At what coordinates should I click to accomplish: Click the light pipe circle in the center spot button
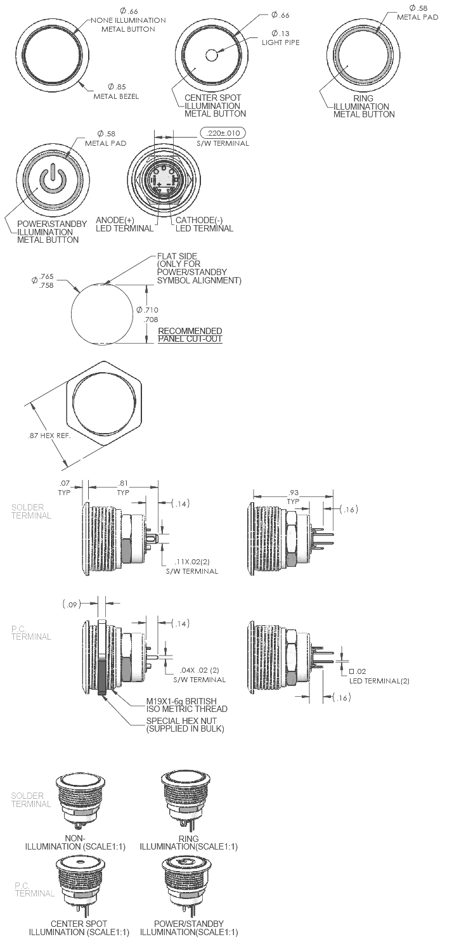(212, 55)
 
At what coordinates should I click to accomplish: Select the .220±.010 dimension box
(223, 133)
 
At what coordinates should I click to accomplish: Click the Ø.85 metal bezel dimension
(117, 91)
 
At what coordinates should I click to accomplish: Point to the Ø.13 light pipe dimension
(280, 38)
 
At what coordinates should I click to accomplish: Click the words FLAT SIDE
(178, 256)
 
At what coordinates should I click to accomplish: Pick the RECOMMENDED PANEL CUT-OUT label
(190, 335)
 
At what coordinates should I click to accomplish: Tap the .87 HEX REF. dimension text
(49, 436)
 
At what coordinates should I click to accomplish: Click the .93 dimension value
(294, 493)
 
